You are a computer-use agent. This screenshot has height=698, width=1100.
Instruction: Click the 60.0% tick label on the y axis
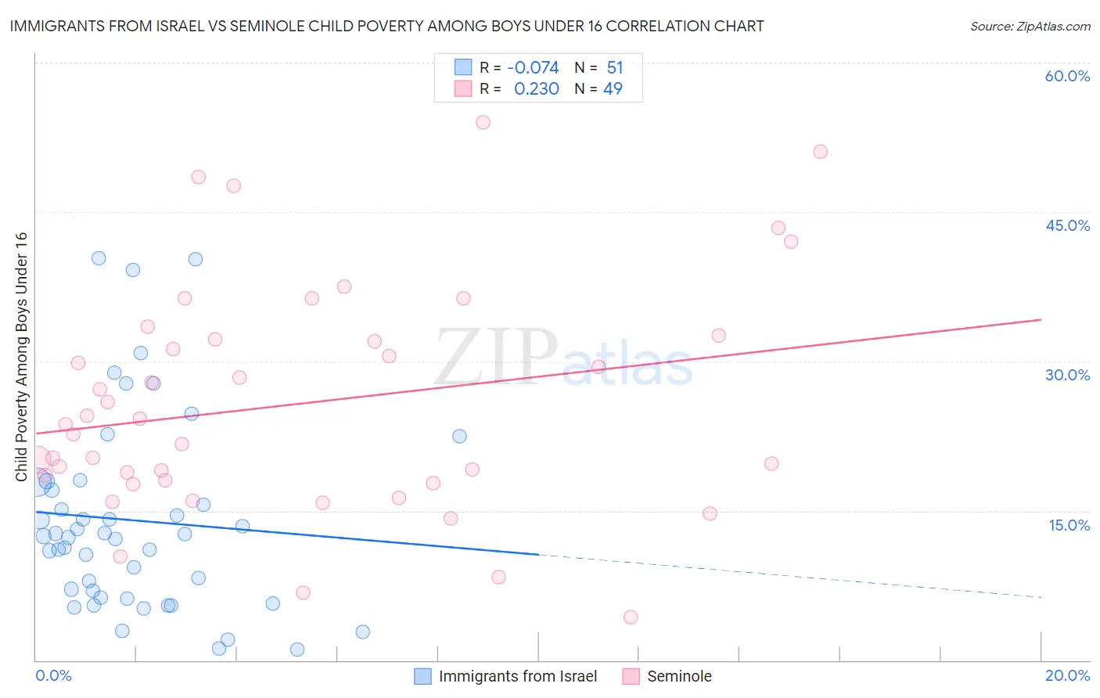[1067, 76]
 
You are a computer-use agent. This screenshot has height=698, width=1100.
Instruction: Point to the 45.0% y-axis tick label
[1067, 225]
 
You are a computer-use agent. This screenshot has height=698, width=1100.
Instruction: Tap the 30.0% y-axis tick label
[1067, 375]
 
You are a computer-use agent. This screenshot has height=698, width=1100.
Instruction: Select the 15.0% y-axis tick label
[1069, 525]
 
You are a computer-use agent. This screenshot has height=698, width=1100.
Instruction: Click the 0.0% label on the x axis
[53, 675]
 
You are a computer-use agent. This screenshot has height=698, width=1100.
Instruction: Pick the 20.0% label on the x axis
[1067, 675]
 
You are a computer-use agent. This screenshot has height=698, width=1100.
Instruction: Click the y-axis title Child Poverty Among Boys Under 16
[21, 357]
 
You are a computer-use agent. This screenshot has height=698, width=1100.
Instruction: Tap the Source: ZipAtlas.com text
[1030, 27]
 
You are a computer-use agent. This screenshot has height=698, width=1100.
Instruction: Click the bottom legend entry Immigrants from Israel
[517, 676]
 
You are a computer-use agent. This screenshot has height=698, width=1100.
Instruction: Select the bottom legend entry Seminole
[679, 676]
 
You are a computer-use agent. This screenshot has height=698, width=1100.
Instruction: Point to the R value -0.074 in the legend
[533, 68]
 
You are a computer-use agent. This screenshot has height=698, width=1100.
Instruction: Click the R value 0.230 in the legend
[536, 89]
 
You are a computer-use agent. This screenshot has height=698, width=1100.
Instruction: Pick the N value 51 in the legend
[614, 68]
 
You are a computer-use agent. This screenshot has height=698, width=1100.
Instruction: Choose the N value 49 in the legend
[613, 89]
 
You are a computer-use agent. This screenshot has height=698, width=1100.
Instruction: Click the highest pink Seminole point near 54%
[483, 122]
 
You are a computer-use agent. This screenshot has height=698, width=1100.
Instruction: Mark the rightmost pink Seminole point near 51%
[820, 152]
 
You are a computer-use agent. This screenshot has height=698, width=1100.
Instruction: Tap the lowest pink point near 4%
[631, 617]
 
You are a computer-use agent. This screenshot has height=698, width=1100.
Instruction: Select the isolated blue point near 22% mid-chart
[459, 436]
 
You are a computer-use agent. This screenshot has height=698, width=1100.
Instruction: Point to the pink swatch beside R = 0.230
[463, 89]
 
